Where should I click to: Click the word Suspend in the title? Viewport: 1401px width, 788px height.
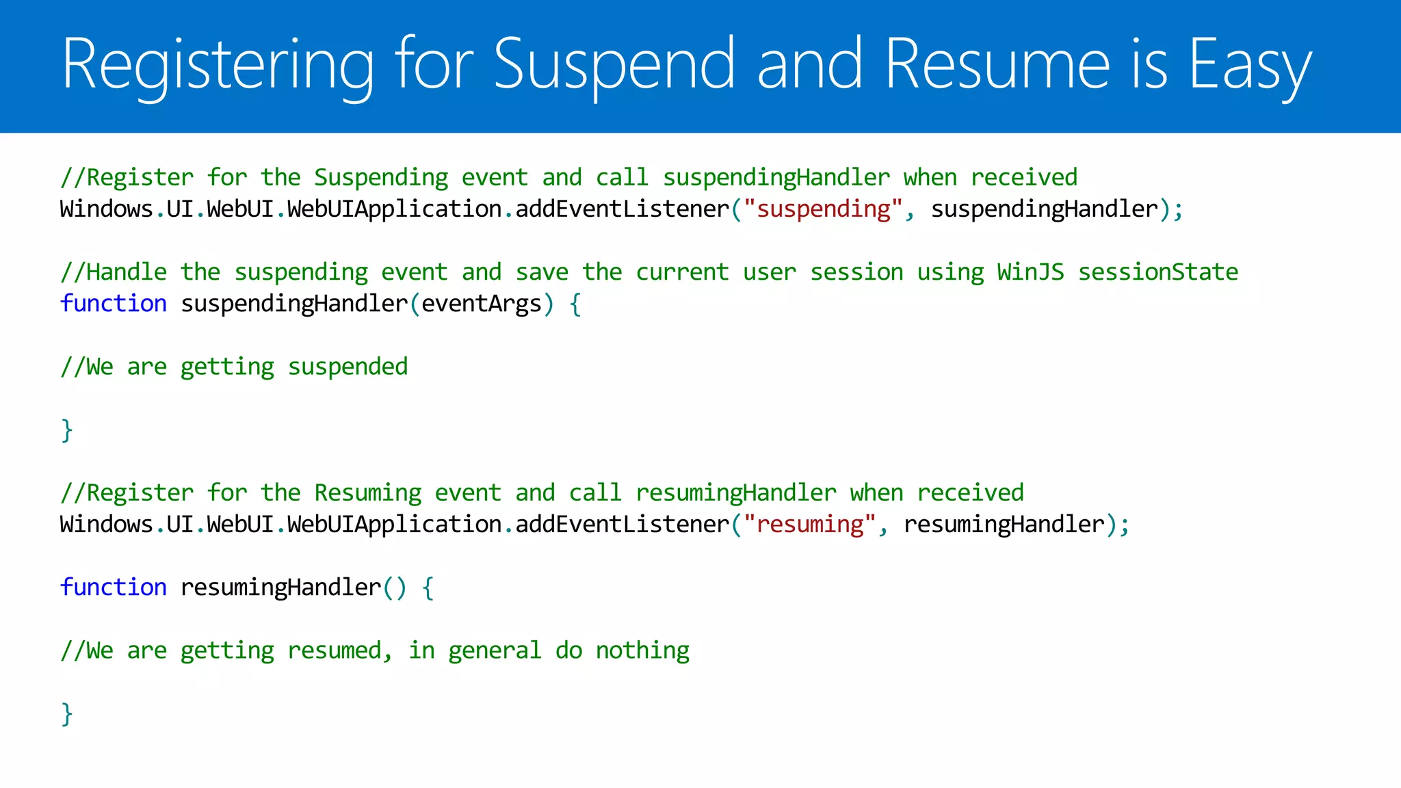614,65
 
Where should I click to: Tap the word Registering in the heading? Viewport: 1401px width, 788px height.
218,65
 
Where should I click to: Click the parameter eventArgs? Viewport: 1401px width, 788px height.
481,303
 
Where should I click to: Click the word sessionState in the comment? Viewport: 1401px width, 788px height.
1157,272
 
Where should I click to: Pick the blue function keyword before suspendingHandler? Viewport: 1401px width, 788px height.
114,303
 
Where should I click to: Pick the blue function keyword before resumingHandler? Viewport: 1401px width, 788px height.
114,587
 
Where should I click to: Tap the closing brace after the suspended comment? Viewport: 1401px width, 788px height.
66,430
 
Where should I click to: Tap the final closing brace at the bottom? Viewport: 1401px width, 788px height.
66,713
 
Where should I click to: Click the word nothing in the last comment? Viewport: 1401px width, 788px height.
642,650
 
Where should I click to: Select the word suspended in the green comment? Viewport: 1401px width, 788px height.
348,367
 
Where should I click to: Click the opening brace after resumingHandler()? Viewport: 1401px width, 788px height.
428,588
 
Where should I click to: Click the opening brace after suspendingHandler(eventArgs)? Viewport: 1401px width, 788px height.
575,304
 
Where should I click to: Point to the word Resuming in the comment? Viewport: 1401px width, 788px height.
367,492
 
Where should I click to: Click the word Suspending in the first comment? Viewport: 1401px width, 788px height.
381,177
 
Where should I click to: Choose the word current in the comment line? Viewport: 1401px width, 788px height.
682,272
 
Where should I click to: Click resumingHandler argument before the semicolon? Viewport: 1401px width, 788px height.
1004,524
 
